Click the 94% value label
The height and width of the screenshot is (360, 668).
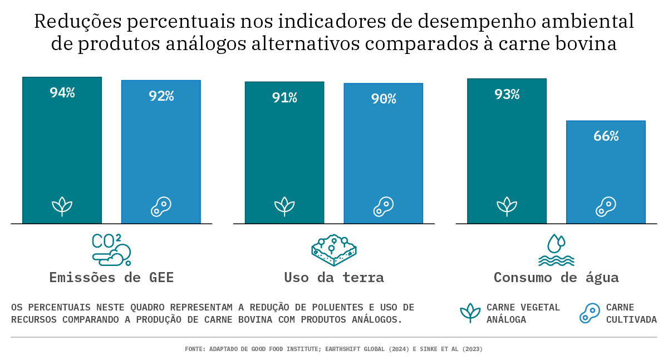[62, 93]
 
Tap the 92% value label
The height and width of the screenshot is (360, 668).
[161, 96]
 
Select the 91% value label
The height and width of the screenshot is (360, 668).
[284, 98]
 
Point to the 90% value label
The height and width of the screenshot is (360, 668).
[384, 99]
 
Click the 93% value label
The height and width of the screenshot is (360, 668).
[507, 95]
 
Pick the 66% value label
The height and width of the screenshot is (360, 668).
[606, 136]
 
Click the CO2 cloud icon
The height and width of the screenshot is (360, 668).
[111, 249]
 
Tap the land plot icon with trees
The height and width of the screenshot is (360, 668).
[333, 250]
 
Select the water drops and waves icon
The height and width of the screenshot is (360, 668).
[556, 250]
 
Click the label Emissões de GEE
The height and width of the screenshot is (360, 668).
[111, 277]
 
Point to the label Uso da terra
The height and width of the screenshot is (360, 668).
[334, 277]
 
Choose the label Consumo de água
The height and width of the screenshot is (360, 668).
[556, 277]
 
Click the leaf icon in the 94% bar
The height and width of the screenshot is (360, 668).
[62, 206]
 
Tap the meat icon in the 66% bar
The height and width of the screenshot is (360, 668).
[606, 206]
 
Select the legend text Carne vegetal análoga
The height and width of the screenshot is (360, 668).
[523, 313]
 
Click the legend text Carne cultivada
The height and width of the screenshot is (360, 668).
[631, 313]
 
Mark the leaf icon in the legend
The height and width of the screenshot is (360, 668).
[470, 313]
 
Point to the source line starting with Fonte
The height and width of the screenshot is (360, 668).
[333, 349]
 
